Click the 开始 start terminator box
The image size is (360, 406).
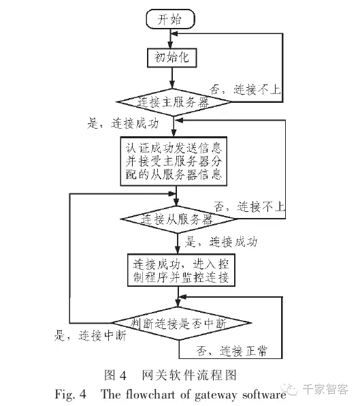(170, 19)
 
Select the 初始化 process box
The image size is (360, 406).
(171, 57)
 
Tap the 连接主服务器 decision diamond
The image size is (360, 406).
(174, 102)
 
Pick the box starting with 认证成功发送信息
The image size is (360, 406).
(174, 161)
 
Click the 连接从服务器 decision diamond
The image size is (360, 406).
(178, 219)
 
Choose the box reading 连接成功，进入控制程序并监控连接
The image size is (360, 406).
(181, 270)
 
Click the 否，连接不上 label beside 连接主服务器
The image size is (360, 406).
(245, 90)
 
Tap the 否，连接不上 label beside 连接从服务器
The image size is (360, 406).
(249, 207)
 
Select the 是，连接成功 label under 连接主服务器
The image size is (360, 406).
(123, 123)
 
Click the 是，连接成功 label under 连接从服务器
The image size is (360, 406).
(221, 242)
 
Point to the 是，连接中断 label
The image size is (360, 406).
(91, 336)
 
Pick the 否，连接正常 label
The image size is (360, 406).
(231, 351)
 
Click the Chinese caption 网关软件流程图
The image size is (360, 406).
(189, 375)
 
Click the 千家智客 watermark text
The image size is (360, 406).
(325, 389)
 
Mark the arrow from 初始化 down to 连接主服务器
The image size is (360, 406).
(172, 78)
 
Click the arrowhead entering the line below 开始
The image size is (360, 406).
(174, 33)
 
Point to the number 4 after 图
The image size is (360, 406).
(122, 375)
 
